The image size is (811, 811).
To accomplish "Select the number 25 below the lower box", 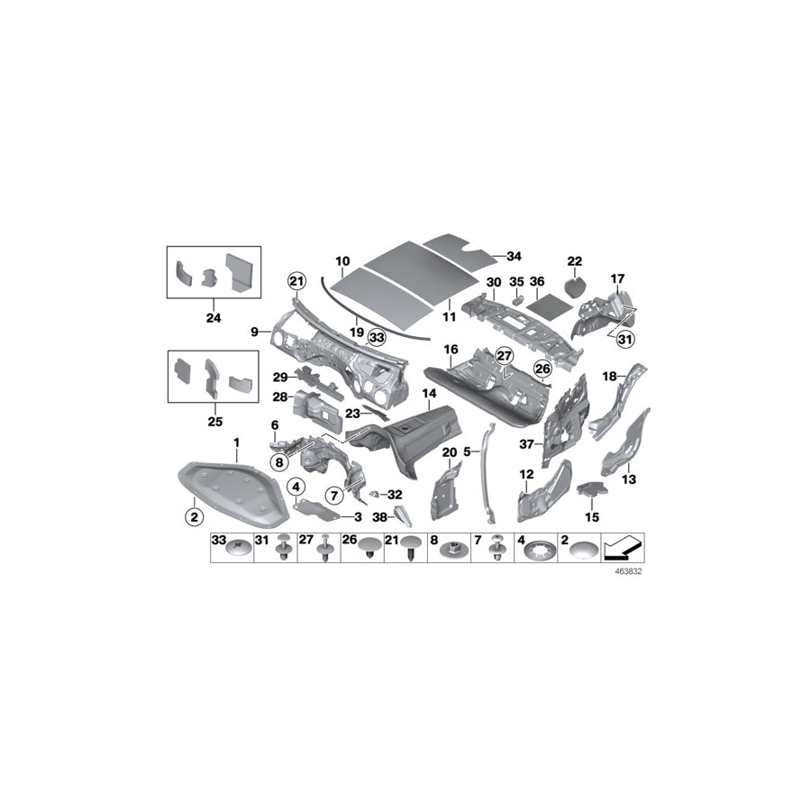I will pos(213,420).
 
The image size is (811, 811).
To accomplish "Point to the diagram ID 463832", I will pos(627,571).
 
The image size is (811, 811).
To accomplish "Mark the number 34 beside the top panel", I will pos(514,256).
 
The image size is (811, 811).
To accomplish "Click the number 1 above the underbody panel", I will pos(236,442).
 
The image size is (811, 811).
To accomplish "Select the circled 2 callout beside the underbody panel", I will pos(192,516).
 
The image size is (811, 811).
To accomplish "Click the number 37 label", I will pos(528,443).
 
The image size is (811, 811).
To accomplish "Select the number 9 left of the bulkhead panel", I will pos(255,333).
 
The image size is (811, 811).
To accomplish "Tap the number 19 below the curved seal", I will pos(357,332).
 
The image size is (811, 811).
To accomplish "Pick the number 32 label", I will pos(395,495).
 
